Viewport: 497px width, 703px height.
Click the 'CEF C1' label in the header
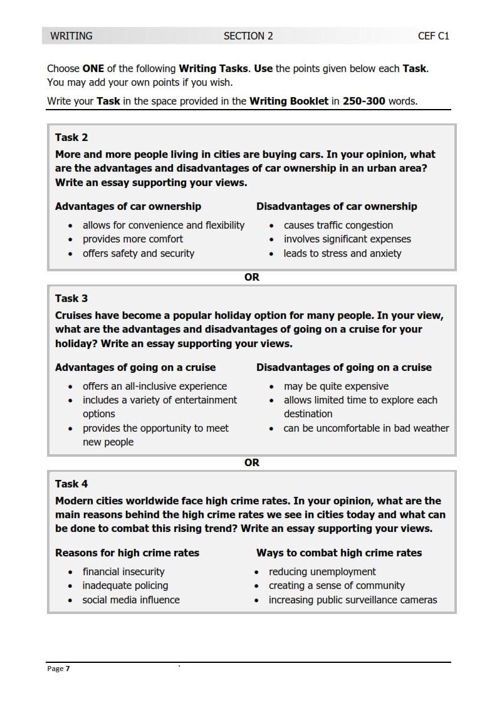pyautogui.click(x=433, y=36)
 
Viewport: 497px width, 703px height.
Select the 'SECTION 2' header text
pyautogui.click(x=248, y=36)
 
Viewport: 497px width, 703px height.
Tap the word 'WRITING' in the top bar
pyautogui.click(x=71, y=36)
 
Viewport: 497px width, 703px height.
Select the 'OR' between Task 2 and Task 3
pyautogui.click(x=251, y=277)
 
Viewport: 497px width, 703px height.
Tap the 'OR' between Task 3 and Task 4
pyautogui.click(x=251, y=462)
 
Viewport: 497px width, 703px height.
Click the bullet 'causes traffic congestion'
pyautogui.click(x=338, y=226)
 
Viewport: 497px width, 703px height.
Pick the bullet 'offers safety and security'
pyautogui.click(x=139, y=254)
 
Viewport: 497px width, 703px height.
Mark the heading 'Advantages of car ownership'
pyautogui.click(x=128, y=207)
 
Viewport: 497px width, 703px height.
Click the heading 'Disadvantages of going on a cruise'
pyautogui.click(x=343, y=368)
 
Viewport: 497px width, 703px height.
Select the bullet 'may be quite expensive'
pyautogui.click(x=336, y=387)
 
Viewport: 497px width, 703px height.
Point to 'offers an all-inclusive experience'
pyautogui.click(x=155, y=387)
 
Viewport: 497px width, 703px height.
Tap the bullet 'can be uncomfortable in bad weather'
pyautogui.click(x=366, y=429)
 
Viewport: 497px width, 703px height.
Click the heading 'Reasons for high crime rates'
pyautogui.click(x=127, y=553)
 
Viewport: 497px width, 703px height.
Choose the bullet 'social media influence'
pyautogui.click(x=131, y=600)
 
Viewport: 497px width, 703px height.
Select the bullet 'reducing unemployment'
pyautogui.click(x=322, y=572)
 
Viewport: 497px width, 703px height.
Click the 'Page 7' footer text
pyautogui.click(x=58, y=669)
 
